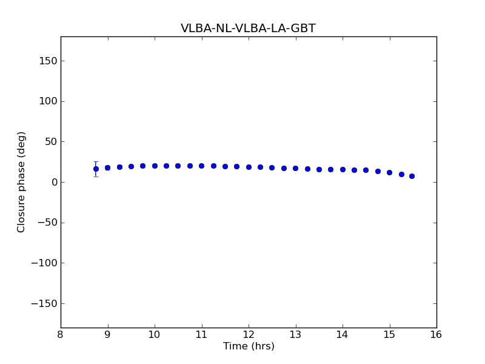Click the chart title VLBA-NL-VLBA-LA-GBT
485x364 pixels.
click(248, 29)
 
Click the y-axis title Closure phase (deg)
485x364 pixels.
click(22, 182)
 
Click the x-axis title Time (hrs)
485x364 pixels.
click(249, 346)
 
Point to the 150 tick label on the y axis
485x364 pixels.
click(47, 61)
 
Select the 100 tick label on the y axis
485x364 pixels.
click(47, 101)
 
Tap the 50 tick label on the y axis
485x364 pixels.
click(49, 142)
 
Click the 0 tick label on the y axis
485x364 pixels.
click(53, 182)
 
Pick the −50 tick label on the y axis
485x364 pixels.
click(46, 223)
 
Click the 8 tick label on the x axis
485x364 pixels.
click(61, 335)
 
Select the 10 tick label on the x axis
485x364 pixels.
click(155, 335)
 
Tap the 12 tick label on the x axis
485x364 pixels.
click(249, 335)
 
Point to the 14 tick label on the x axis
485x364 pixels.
click(343, 335)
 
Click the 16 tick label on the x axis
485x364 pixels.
click(436, 335)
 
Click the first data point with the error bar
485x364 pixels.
click(96, 169)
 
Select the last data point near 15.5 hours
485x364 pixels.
click(412, 176)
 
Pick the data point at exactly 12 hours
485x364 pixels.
click(249, 167)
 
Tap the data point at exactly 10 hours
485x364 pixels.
click(155, 166)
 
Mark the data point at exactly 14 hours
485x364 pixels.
click(343, 169)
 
